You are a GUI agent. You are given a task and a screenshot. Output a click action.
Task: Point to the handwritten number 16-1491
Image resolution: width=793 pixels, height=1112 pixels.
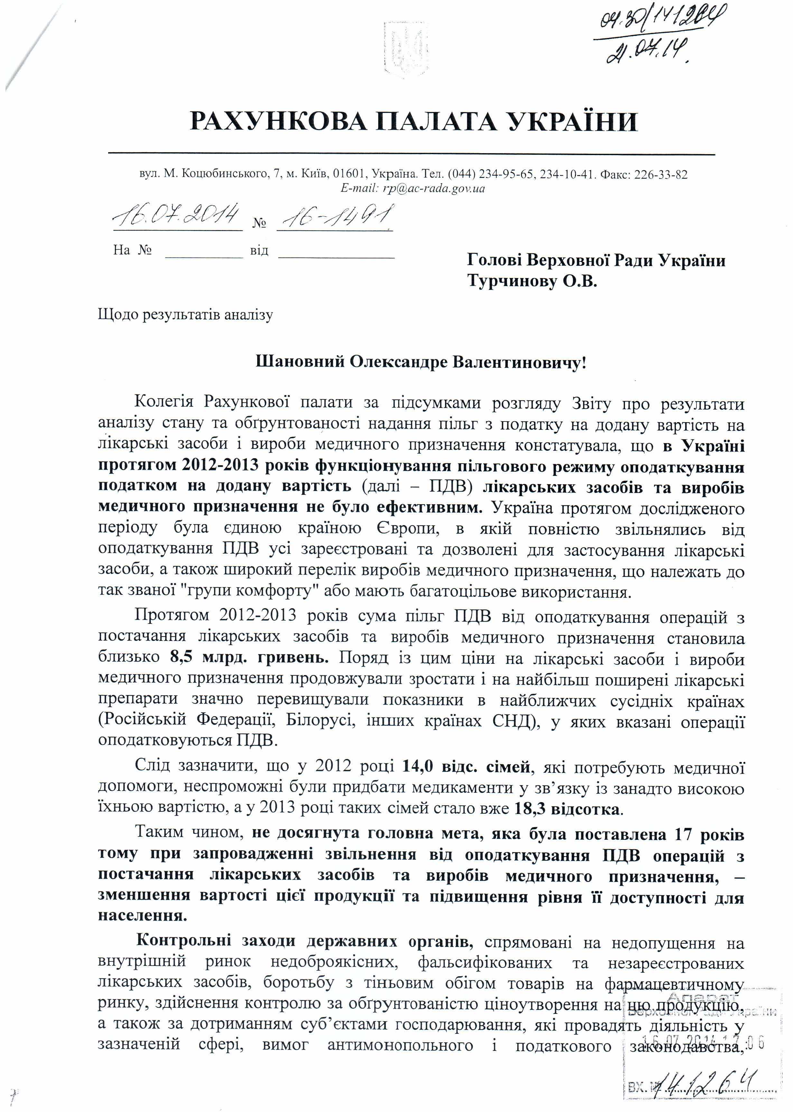335,216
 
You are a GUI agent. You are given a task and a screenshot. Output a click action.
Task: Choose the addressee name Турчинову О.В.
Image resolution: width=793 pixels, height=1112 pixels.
532,281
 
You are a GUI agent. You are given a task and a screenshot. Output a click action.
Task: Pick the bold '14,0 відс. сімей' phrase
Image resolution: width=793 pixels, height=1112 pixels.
466,767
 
